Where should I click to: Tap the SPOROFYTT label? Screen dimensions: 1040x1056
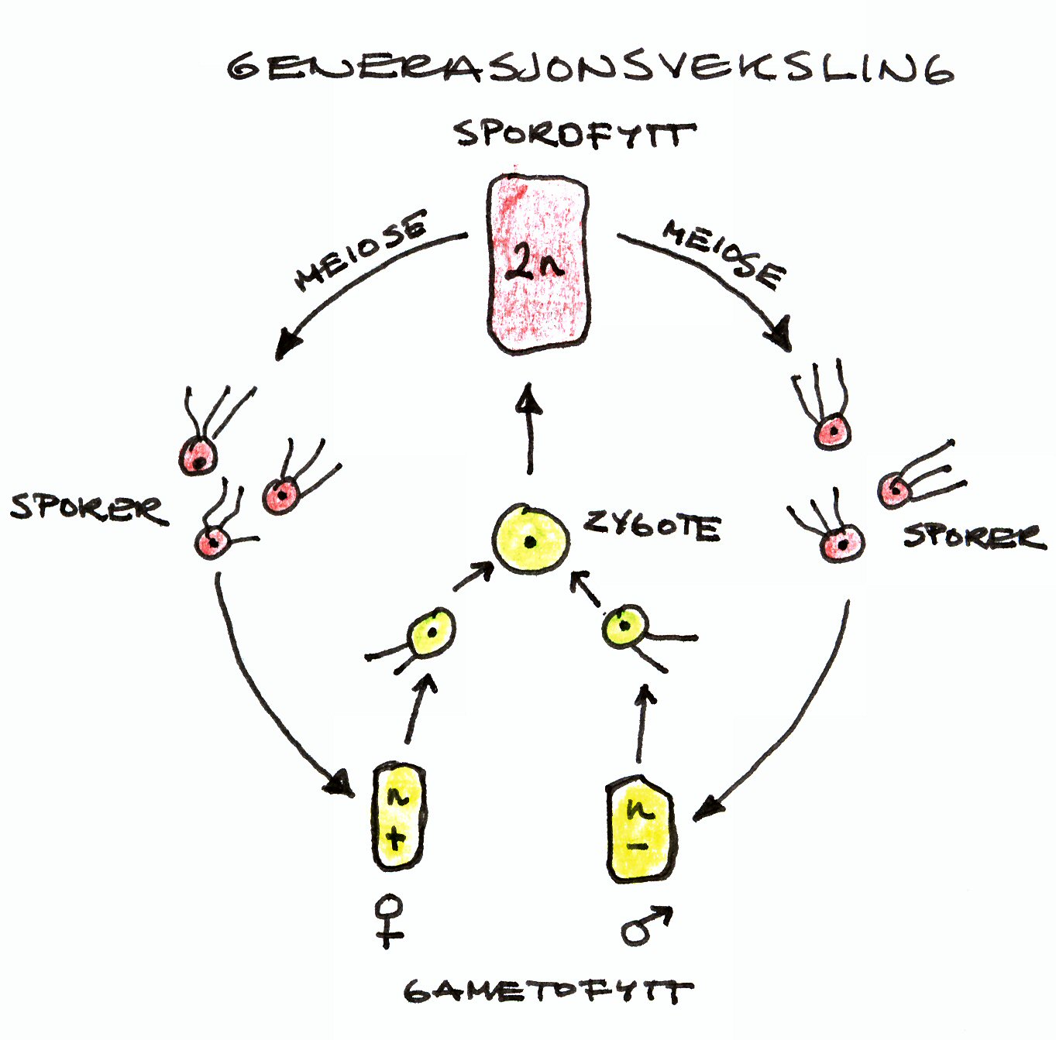pos(573,135)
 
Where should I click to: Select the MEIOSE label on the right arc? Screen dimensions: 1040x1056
pos(724,252)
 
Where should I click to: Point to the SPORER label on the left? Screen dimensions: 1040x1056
pos(87,508)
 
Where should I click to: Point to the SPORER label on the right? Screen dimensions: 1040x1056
pos(973,535)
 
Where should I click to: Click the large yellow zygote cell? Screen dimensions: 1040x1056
pos(531,540)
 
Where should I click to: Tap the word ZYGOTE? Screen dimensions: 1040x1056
pos(652,527)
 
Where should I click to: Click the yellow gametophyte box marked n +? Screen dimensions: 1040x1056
pos(397,816)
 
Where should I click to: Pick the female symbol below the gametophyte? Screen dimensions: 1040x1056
pos(389,920)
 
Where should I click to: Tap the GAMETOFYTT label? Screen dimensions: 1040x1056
pos(547,991)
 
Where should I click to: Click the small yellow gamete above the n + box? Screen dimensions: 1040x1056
pos(431,632)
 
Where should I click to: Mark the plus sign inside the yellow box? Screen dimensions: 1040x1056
pos(395,838)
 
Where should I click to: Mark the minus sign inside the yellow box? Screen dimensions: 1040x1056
pos(638,846)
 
